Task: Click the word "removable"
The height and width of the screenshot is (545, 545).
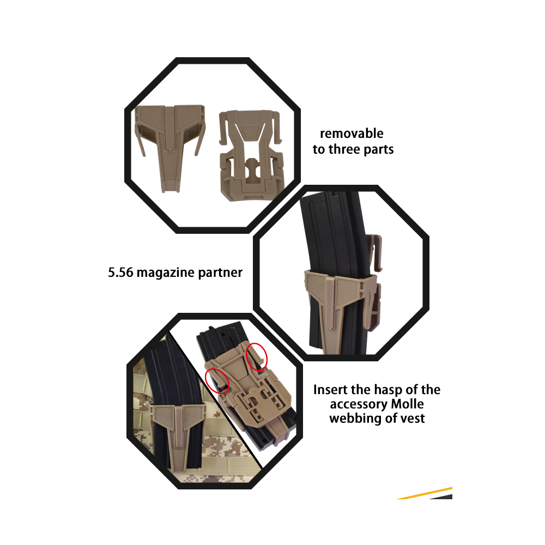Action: [352, 134]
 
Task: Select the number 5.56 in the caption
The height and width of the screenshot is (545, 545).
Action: [120, 272]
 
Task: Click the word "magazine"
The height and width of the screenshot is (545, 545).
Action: [166, 273]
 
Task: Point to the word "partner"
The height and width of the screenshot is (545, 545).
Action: [220, 273]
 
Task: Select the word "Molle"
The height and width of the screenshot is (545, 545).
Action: [407, 404]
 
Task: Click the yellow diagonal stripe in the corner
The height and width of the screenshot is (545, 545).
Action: [425, 493]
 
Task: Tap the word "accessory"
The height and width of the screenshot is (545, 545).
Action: [359, 404]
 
